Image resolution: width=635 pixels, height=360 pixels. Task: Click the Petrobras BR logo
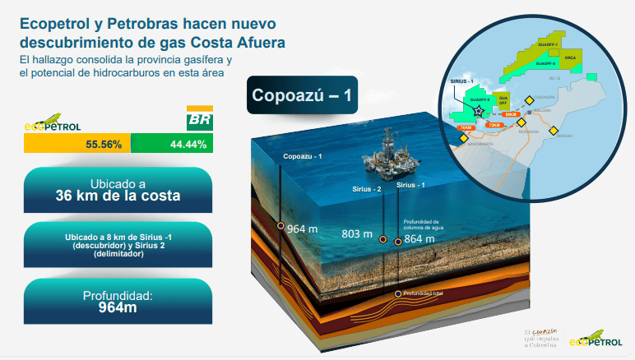click(198, 120)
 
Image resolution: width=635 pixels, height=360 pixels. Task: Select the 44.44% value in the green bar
click(188, 144)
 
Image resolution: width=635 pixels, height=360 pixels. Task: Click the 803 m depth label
click(352, 233)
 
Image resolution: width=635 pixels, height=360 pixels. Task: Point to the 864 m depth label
click(419, 238)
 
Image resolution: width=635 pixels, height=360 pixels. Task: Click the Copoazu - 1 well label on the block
click(303, 156)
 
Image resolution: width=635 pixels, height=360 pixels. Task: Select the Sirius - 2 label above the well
click(367, 188)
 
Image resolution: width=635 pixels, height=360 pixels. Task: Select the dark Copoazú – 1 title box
click(302, 95)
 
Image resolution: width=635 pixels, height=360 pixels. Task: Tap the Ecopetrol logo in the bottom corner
click(596, 338)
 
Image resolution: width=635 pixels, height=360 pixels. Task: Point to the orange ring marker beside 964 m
click(280, 226)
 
